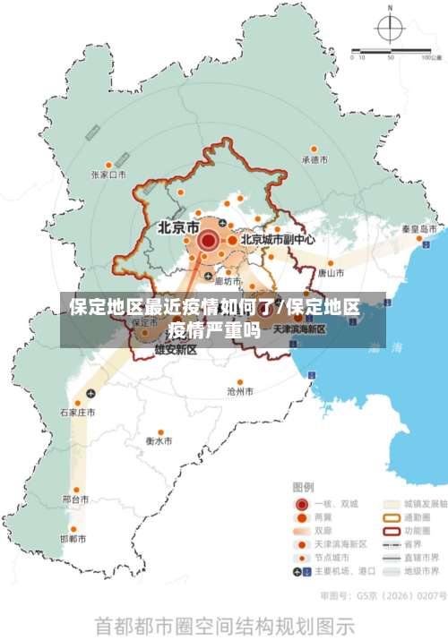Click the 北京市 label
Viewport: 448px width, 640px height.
(x=178, y=227)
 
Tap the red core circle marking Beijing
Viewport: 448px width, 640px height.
(x=209, y=240)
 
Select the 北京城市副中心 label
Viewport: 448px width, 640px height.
(x=277, y=240)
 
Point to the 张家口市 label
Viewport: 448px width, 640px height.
(x=108, y=175)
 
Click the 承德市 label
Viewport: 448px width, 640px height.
(x=314, y=160)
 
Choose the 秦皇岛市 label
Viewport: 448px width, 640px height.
(x=418, y=229)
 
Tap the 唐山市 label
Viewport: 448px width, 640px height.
(x=331, y=273)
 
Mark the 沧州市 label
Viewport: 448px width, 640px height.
(x=240, y=391)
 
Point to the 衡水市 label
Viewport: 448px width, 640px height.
(x=159, y=441)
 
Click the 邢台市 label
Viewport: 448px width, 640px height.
(x=75, y=499)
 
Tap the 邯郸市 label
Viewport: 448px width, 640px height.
(x=73, y=539)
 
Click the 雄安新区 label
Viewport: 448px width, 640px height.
(x=176, y=350)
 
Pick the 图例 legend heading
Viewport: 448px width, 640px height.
(x=303, y=487)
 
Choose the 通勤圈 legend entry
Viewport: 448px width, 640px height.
(x=418, y=516)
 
